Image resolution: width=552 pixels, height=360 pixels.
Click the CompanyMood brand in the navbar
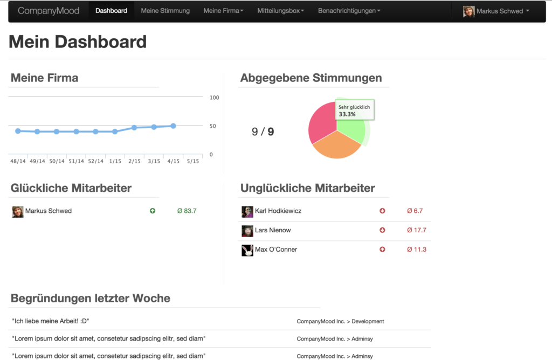[49, 11]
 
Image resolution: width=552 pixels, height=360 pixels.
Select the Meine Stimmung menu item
[165, 11]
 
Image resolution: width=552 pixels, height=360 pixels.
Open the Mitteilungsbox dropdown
[280, 11]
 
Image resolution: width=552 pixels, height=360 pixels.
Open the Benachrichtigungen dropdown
[349, 11]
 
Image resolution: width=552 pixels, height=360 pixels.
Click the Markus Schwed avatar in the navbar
[468, 11]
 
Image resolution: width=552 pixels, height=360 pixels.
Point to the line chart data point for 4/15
[173, 126]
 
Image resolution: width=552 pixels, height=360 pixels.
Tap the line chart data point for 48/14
[18, 131]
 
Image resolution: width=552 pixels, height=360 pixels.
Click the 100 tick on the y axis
[214, 98]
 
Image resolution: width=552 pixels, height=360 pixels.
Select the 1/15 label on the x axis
[115, 161]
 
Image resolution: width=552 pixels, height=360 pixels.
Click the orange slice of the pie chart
[336, 146]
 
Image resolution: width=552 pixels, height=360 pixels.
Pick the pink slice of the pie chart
[321, 121]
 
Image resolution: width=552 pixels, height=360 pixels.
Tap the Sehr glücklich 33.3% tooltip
[355, 110]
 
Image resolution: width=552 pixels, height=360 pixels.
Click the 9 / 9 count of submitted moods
[263, 131]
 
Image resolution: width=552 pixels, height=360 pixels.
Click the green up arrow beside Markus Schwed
[153, 211]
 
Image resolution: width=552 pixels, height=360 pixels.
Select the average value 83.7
[187, 211]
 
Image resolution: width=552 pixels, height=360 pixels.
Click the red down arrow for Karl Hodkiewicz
[382, 211]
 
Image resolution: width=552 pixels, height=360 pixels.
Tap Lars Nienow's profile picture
[247, 231]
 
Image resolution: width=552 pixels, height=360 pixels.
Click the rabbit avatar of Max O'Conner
[247, 250]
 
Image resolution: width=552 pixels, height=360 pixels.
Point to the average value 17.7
[417, 230]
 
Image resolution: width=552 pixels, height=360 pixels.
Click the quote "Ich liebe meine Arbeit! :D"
[51, 321]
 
